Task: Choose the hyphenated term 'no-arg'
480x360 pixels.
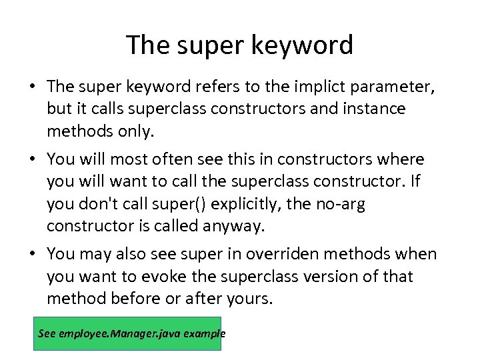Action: click(341, 203)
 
